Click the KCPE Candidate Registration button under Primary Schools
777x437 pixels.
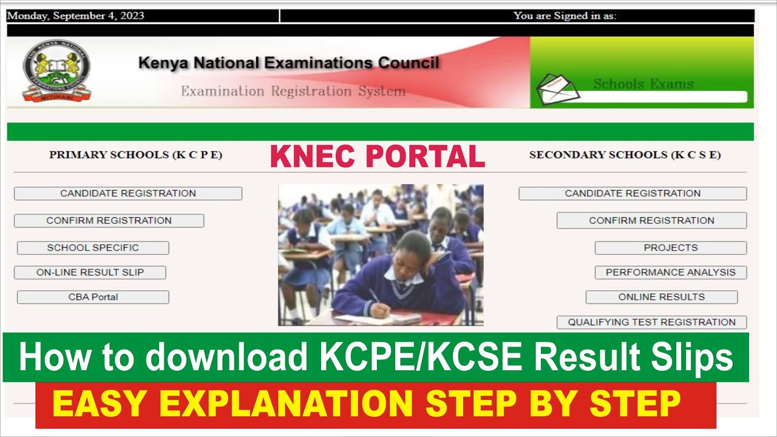tap(127, 194)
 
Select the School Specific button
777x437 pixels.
tap(93, 248)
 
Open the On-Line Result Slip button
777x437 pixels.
tap(90, 273)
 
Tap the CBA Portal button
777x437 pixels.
tap(93, 297)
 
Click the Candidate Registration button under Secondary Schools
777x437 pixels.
tap(633, 194)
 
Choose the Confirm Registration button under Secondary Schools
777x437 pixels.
tap(651, 220)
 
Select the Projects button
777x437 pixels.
tap(670, 248)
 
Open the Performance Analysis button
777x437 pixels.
tap(670, 273)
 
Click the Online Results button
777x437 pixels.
tap(661, 297)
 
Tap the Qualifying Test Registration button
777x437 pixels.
tap(651, 322)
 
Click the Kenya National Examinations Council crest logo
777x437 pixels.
tap(56, 71)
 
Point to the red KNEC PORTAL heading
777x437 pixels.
tap(377, 156)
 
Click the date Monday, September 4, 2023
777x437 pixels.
tap(76, 16)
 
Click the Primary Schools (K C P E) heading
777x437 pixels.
tap(135, 155)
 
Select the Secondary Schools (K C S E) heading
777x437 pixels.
tap(625, 155)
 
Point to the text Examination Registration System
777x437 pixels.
tap(293, 92)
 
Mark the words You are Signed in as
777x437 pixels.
tap(565, 16)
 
